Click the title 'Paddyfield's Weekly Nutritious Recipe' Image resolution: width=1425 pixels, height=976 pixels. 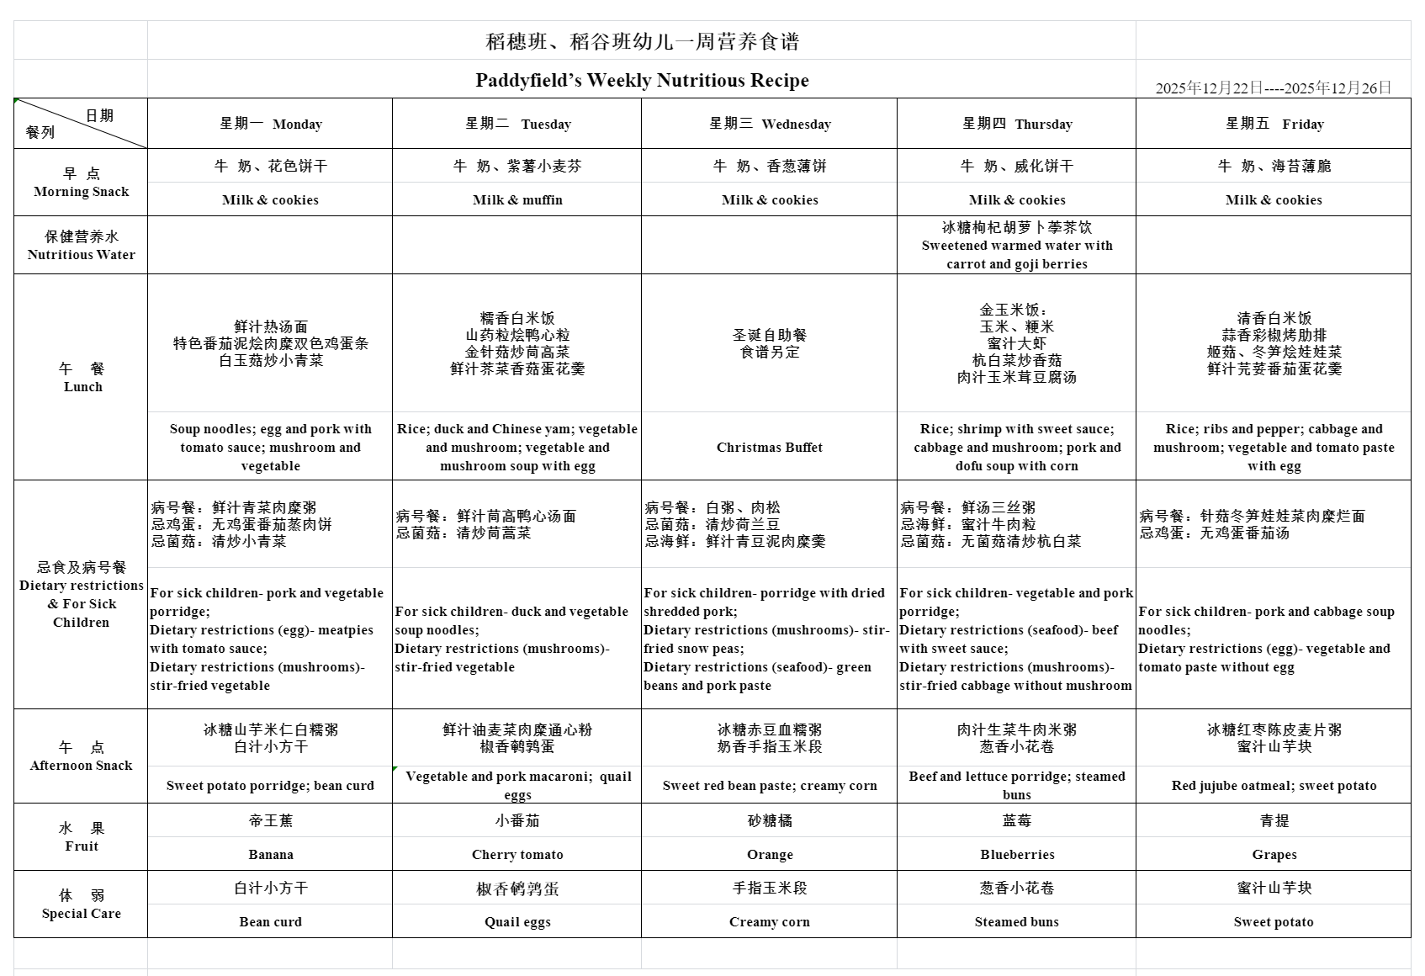(x=642, y=81)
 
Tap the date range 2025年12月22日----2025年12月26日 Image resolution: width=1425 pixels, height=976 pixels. (x=1273, y=88)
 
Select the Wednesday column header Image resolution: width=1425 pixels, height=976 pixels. (x=770, y=125)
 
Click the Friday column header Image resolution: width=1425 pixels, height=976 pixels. (x=1274, y=125)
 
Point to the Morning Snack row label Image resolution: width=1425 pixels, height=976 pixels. (x=81, y=183)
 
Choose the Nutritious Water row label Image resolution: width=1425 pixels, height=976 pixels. (x=81, y=246)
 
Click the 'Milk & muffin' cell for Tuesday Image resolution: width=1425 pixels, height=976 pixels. (x=517, y=200)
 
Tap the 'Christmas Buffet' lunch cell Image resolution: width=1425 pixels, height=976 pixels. (x=770, y=448)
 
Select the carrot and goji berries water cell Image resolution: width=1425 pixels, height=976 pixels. (x=1016, y=246)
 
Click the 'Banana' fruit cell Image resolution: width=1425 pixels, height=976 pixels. (x=270, y=855)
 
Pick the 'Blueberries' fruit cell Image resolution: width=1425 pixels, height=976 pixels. (x=1016, y=855)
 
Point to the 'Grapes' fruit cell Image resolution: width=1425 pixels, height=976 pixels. (x=1274, y=855)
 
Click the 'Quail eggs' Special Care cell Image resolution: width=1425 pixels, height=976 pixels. (x=517, y=922)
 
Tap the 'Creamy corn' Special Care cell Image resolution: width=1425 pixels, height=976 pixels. (x=770, y=922)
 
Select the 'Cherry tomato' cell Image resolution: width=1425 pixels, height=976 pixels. (x=517, y=855)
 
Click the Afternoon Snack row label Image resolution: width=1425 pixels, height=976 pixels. (x=81, y=756)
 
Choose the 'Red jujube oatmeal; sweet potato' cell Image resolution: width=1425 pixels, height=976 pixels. (x=1274, y=786)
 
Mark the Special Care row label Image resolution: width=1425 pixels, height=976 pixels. (x=81, y=904)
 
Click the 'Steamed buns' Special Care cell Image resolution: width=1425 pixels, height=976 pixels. (x=1016, y=922)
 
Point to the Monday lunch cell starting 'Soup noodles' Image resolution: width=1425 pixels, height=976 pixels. (x=270, y=448)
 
